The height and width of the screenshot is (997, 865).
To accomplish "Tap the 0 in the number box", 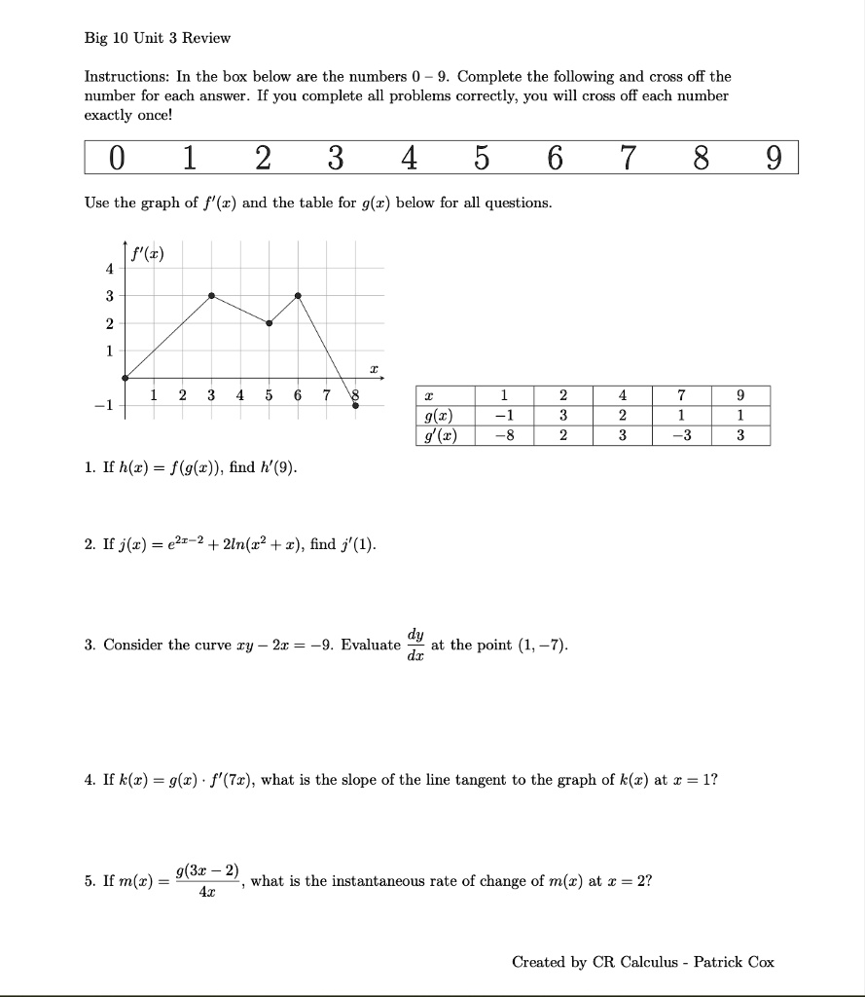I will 117,158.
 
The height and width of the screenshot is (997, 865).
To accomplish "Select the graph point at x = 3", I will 212,295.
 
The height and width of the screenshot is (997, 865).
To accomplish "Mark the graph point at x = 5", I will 270,323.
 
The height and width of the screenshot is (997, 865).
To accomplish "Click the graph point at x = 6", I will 298,295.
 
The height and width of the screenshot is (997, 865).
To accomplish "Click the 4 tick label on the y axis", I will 109,268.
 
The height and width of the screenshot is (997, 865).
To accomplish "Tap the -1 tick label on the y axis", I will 105,406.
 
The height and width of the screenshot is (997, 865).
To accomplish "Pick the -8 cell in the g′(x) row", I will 504,435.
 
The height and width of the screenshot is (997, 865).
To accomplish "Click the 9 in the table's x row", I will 739,396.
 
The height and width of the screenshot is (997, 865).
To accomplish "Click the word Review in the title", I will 206,38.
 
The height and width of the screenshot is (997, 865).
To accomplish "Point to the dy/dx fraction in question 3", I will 415,644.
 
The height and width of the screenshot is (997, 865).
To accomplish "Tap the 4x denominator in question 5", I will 207,892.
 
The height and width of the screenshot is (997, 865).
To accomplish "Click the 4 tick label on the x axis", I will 239,394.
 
